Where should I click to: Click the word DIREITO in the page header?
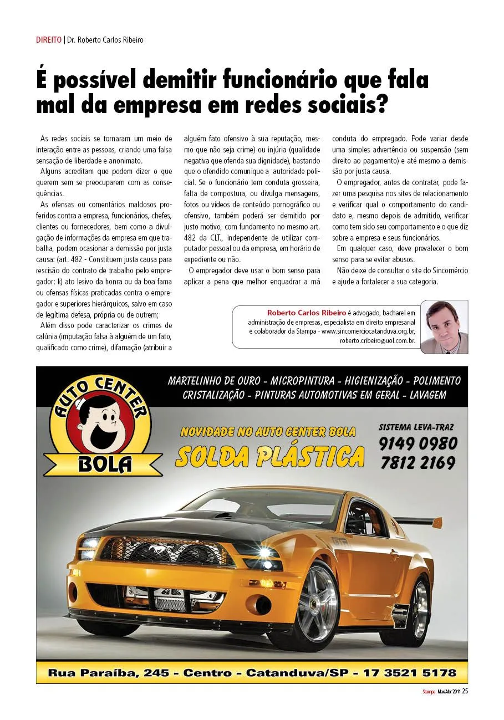tap(49, 40)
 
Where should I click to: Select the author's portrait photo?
tap(444, 327)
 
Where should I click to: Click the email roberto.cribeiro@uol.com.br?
tap(377, 341)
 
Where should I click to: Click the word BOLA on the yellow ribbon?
tap(105, 463)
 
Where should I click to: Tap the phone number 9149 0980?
tap(419, 443)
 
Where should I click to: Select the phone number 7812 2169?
tap(418, 463)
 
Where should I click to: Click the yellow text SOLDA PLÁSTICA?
tap(270, 456)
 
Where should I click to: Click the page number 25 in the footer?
tap(465, 691)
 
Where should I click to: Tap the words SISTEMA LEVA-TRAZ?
tap(416, 427)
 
